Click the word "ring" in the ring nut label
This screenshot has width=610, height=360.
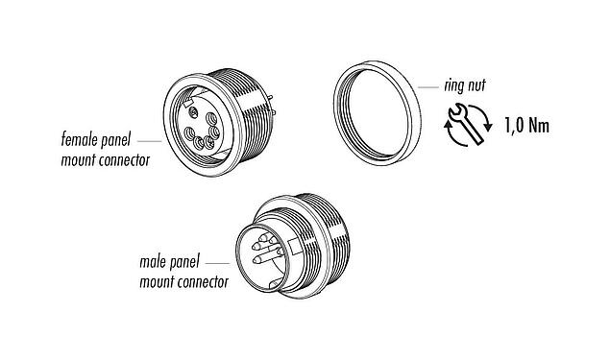[451, 86]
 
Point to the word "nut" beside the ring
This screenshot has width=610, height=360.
[475, 87]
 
